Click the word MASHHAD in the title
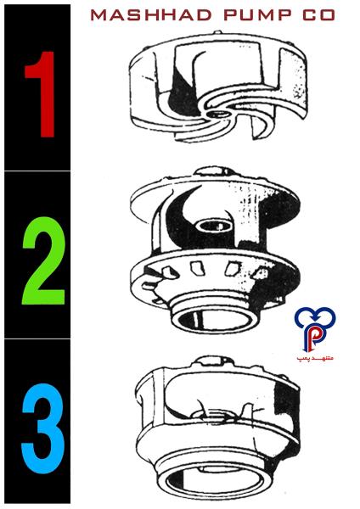point(151,15)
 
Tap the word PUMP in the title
point(257,15)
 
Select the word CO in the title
point(318,15)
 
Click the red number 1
point(41,94)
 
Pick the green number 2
point(43,260)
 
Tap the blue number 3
point(42,428)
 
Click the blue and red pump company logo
point(315,329)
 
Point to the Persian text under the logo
point(315,358)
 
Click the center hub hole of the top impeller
point(217,114)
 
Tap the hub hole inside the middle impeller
point(215,225)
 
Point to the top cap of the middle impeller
point(213,171)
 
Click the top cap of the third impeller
point(215,361)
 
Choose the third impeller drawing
point(217,428)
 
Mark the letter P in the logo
point(314,338)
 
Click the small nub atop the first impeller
point(217,32)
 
